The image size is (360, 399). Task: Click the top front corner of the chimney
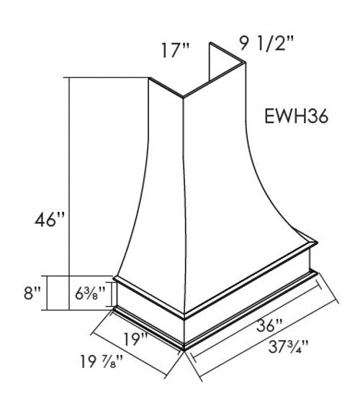[x=181, y=97]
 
